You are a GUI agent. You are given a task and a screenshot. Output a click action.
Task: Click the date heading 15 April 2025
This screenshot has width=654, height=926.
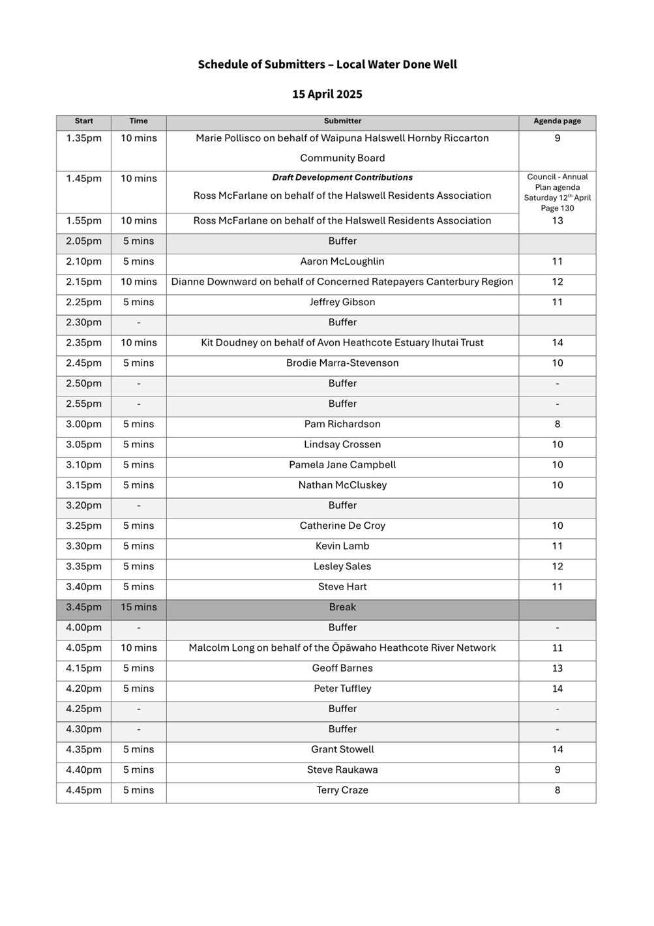point(327,94)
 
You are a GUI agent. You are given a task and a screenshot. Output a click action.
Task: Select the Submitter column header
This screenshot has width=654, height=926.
point(342,121)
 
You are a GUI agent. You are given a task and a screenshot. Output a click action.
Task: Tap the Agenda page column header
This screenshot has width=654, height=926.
point(557,121)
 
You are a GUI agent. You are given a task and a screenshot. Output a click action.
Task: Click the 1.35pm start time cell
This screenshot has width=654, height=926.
point(83,138)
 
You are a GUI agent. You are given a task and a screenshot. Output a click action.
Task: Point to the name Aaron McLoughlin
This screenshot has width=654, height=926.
point(342,261)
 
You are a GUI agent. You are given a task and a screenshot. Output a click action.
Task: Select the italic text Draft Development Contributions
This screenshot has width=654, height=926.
point(342,177)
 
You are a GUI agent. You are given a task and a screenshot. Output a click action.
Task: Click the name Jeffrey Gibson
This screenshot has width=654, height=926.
point(342,302)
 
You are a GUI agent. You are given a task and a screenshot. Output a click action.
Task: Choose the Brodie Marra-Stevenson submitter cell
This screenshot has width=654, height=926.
point(342,363)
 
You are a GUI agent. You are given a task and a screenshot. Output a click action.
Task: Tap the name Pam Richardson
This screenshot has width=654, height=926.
point(342,424)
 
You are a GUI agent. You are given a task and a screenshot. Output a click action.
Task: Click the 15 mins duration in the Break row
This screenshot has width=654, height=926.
point(139,607)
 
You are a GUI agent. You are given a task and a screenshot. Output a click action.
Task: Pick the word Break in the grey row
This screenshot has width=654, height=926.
point(342,607)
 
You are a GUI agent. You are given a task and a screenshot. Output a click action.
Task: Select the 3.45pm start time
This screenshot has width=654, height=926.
point(83,607)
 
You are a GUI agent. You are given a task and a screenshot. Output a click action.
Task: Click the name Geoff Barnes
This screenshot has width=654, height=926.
point(342,668)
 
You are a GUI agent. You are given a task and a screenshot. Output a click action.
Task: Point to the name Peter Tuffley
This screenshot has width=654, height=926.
point(342,689)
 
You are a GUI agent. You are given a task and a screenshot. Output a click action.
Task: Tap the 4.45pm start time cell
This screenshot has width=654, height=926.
point(83,790)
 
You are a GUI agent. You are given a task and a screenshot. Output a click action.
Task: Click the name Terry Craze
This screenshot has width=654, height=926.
point(342,790)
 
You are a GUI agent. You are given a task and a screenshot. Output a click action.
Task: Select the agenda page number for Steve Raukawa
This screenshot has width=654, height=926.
point(557,770)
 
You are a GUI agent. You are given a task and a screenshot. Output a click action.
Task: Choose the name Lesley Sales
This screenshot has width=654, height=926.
point(342,567)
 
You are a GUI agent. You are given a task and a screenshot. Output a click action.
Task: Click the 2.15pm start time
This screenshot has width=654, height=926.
point(83,282)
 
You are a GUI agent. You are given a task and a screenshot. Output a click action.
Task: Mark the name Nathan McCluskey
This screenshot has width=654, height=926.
point(342,485)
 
